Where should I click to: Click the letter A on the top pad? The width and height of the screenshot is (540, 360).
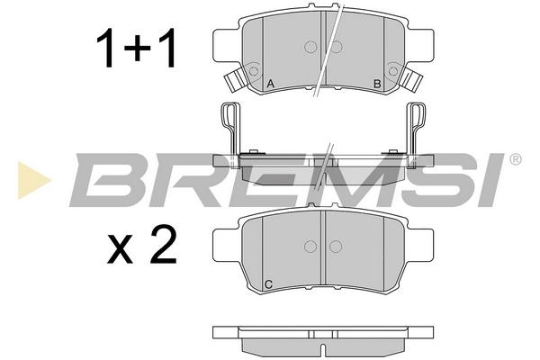click(x=270, y=84)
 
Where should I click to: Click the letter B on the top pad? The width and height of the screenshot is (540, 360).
click(x=377, y=84)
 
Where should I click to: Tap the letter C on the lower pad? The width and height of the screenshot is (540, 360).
click(x=269, y=284)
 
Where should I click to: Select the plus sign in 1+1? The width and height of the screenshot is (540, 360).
click(x=138, y=49)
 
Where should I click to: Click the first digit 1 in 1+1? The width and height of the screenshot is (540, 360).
click(x=106, y=48)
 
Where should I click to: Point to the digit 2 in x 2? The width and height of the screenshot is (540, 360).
click(x=163, y=244)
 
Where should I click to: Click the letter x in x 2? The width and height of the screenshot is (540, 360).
click(x=121, y=249)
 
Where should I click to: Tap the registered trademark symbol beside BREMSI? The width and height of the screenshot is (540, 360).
click(x=515, y=159)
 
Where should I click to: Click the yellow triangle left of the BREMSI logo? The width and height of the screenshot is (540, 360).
click(x=33, y=180)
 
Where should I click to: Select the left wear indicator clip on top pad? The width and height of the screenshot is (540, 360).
click(x=236, y=79)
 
